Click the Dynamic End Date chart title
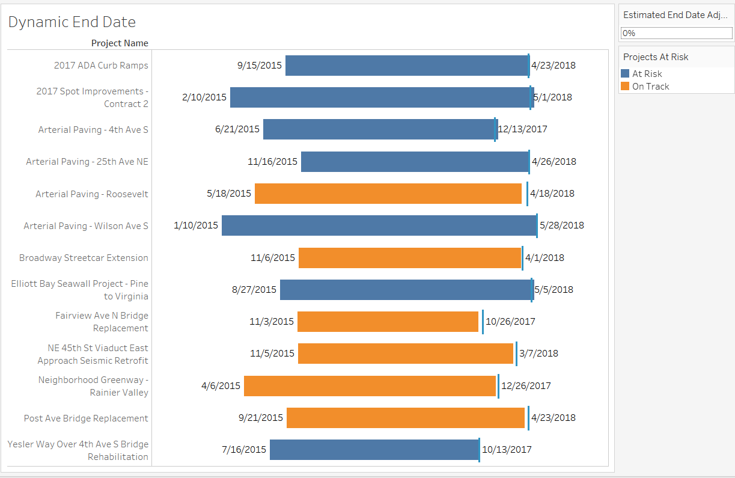72,22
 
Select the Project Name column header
120,43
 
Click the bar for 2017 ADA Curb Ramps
406,66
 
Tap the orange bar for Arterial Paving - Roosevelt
388,194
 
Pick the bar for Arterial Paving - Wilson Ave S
379,225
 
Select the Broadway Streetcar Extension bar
409,258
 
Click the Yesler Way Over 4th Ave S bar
374,450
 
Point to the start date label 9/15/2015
260,66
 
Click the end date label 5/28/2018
562,225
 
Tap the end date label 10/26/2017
510,322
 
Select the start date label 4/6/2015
221,386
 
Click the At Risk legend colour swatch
625,74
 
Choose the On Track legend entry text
650,87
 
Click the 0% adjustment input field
676,33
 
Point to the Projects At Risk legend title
656,57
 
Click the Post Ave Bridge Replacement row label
86,418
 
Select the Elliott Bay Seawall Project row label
79,290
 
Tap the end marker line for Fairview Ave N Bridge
483,322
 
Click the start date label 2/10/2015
204,97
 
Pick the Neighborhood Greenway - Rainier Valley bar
370,386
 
